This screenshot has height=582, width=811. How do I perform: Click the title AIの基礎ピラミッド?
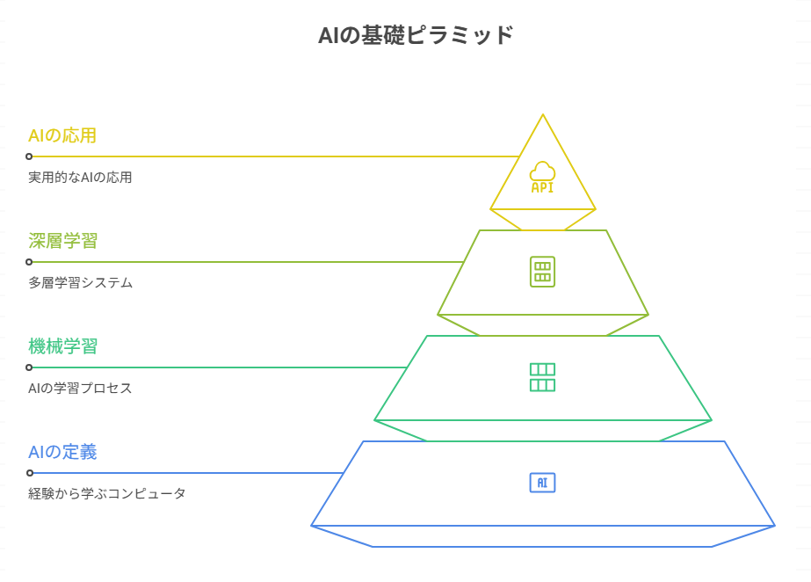pos(415,36)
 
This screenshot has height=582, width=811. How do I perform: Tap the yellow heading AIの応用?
pos(62,135)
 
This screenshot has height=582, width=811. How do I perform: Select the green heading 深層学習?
pos(62,241)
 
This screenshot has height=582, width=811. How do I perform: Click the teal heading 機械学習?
pos(62,346)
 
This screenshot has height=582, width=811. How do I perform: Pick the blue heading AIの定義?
pos(62,452)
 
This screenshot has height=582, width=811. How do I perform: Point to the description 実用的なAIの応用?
pos(80,177)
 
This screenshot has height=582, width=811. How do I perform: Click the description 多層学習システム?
pos(80,282)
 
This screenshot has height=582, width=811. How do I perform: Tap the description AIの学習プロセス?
pos(80,388)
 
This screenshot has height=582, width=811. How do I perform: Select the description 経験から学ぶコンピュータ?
pos(106,493)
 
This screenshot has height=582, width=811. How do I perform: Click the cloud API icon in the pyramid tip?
pos(542,177)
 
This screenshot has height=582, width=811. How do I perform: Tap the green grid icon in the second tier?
pos(542,271)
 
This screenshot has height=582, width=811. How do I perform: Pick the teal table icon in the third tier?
pos(542,377)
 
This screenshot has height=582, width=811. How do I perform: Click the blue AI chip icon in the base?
pos(542,482)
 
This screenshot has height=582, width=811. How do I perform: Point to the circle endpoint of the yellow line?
pos(29,156)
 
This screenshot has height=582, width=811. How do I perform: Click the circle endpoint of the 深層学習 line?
pos(29,262)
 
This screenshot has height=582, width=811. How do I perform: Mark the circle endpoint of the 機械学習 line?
pos(29,367)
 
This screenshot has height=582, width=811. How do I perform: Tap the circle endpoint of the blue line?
pos(29,473)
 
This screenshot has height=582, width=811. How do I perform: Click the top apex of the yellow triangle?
pos(543,116)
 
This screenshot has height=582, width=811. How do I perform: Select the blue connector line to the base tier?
pos(185,473)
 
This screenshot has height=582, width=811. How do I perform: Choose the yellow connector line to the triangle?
pos(272,156)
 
